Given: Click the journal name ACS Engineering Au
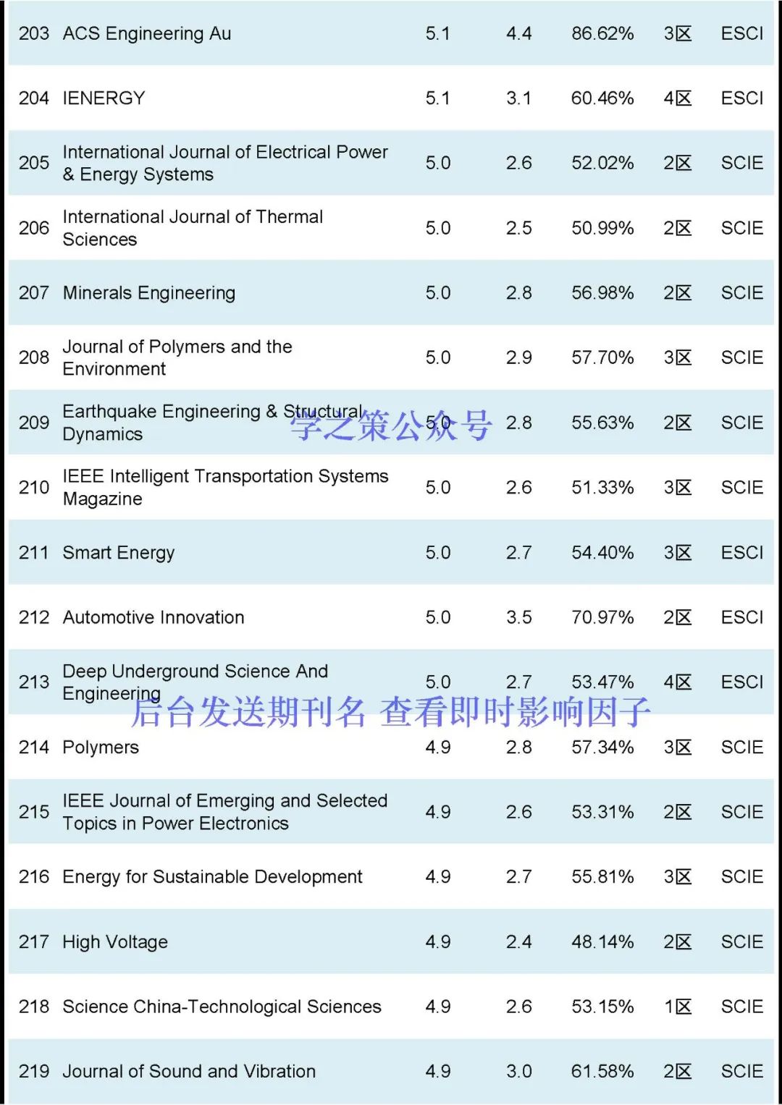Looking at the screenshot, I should click(x=147, y=33).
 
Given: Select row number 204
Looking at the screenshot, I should click(x=34, y=98).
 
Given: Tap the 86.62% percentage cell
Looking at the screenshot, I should click(x=602, y=33).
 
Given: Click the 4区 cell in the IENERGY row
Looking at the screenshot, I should click(x=678, y=98).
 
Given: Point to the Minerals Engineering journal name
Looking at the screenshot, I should click(x=149, y=293).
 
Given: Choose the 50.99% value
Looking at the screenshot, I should click(x=602, y=228).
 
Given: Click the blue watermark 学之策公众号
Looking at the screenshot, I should click(x=391, y=425).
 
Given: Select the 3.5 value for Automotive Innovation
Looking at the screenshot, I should click(x=519, y=617).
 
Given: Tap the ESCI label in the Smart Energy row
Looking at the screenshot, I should click(x=742, y=553).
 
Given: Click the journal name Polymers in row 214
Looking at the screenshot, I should click(x=101, y=748).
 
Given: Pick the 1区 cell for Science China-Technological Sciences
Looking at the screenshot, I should click(x=678, y=1007).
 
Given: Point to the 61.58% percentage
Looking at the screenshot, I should click(x=602, y=1071).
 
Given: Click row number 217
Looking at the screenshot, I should click(x=34, y=941).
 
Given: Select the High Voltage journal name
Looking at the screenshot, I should click(x=115, y=941).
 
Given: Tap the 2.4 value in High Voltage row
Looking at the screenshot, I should click(x=519, y=941).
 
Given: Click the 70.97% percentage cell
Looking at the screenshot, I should click(x=602, y=617).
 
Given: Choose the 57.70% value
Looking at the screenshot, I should click(x=602, y=357).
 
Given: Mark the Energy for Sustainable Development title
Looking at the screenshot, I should click(x=212, y=877).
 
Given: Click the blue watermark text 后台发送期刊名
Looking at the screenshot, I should click(x=248, y=712).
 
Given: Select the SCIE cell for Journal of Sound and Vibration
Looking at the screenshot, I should click(x=742, y=1071).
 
